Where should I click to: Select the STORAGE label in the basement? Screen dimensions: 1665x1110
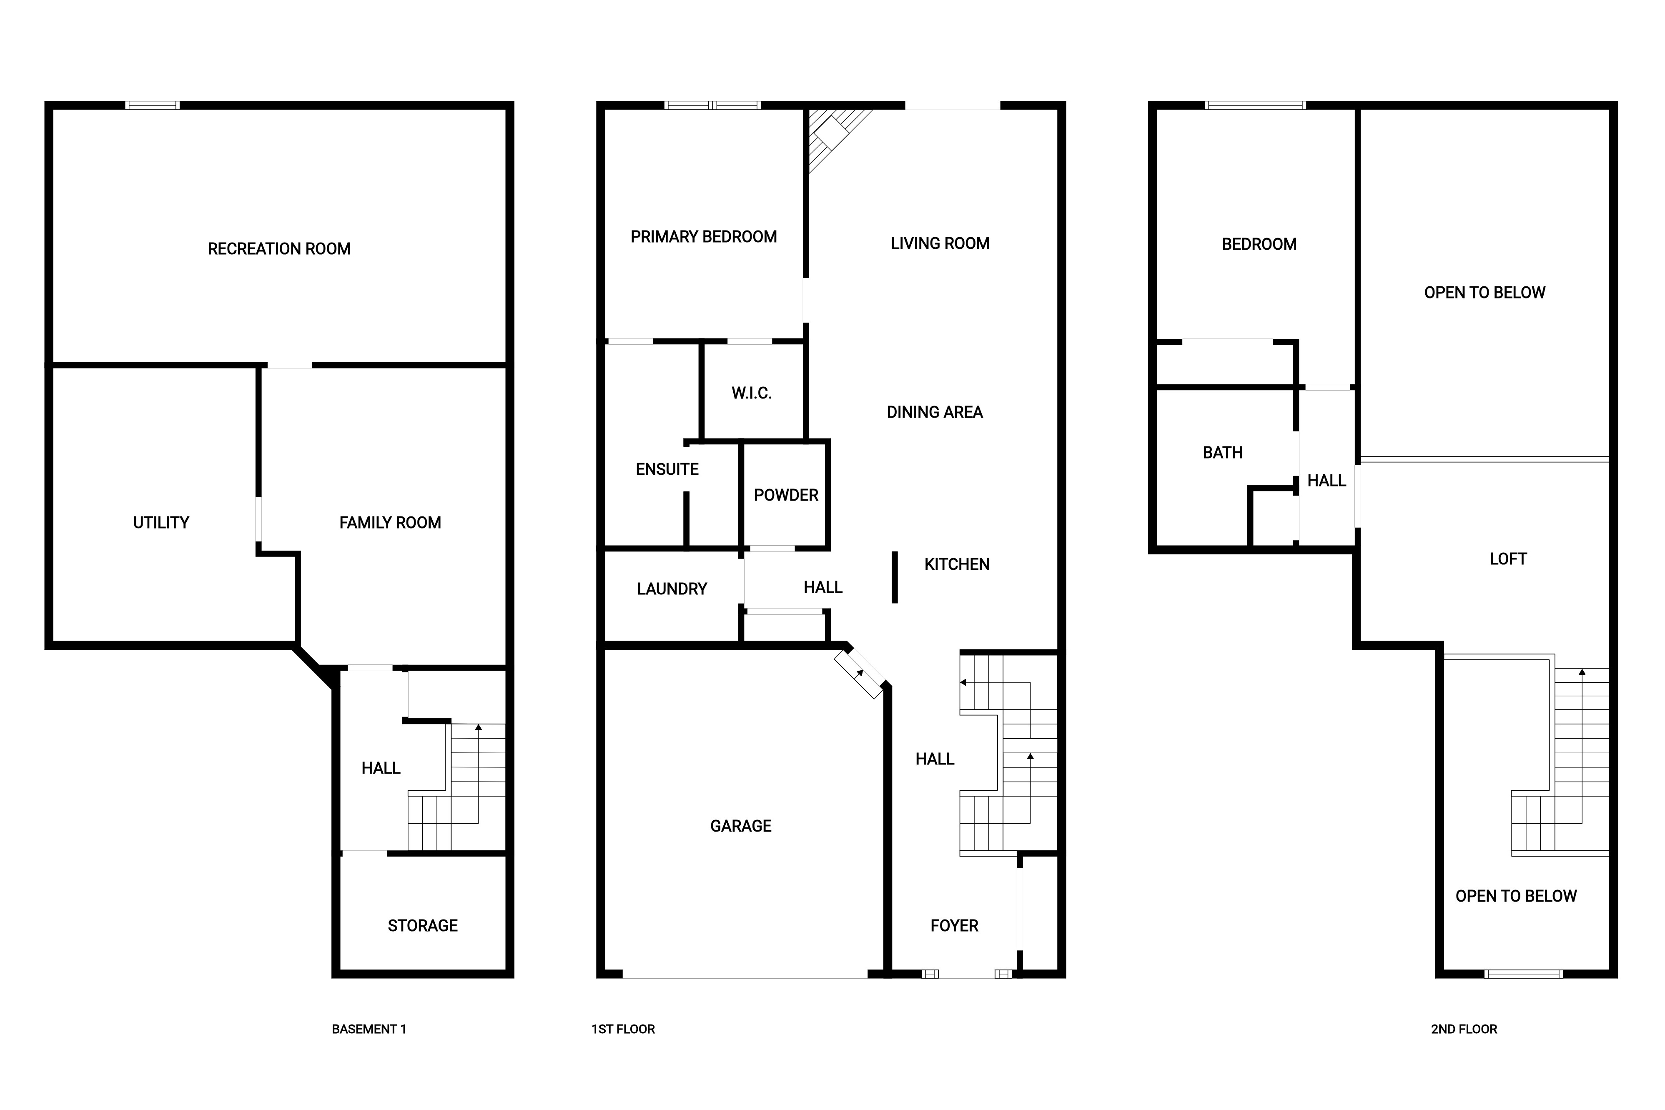(423, 925)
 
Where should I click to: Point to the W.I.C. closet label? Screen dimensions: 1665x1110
(751, 393)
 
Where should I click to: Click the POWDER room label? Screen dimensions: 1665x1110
(786, 495)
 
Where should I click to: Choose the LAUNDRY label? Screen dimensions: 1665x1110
(672, 589)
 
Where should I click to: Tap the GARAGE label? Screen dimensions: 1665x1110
(740, 825)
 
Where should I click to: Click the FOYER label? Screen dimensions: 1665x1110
(954, 925)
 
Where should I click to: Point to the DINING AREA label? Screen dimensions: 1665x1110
(935, 412)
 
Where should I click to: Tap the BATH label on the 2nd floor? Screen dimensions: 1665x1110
(1223, 452)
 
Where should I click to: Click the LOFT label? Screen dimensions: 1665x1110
(1508, 559)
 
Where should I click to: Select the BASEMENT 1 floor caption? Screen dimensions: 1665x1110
(369, 1029)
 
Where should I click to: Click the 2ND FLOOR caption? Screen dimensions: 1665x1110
(1464, 1029)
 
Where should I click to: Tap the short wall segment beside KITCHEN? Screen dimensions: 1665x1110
(895, 577)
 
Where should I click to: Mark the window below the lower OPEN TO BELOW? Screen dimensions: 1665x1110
(1523, 974)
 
